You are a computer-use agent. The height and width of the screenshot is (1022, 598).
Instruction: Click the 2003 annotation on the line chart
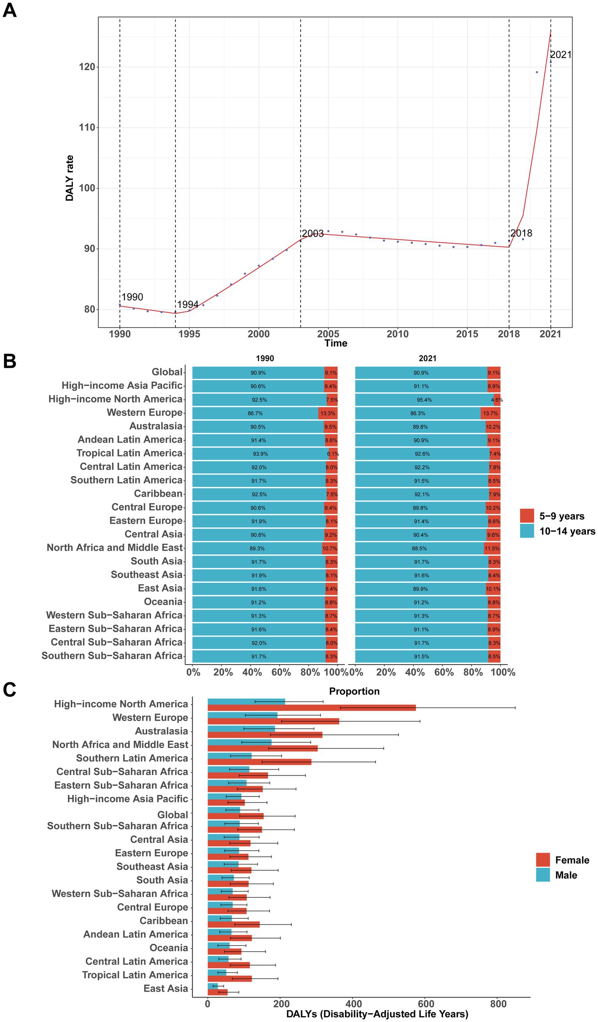pyautogui.click(x=312, y=233)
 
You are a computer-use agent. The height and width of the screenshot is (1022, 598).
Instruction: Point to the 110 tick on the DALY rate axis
pyautogui.click(x=87, y=127)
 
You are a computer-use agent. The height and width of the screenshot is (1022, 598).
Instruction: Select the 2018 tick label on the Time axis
pyautogui.click(x=509, y=334)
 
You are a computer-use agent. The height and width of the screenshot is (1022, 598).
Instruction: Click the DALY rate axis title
pyautogui.click(x=70, y=178)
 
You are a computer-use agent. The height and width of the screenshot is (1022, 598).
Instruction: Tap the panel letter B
pyautogui.click(x=9, y=362)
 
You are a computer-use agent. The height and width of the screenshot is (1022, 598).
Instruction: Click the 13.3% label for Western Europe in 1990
pyautogui.click(x=328, y=413)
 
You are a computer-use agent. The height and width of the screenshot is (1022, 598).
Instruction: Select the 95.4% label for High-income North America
pyautogui.click(x=424, y=400)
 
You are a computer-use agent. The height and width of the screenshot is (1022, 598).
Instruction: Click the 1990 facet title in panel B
pyautogui.click(x=265, y=358)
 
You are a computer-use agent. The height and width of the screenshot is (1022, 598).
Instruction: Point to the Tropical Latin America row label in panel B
pyautogui.click(x=129, y=453)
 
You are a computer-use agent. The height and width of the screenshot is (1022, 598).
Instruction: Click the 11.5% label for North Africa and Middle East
pyautogui.click(x=492, y=548)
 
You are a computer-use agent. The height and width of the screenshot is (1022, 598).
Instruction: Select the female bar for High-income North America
pyautogui.click(x=311, y=708)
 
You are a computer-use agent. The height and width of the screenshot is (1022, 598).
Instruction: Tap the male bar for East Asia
pyautogui.click(x=213, y=986)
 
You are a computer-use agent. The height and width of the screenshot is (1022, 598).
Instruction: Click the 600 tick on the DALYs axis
pyautogui.click(x=426, y=1003)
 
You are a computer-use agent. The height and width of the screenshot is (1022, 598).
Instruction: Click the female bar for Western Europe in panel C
pyautogui.click(x=273, y=721)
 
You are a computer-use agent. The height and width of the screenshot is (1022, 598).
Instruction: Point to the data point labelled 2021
pyautogui.click(x=550, y=62)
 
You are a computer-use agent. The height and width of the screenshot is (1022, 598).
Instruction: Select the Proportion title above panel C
pyautogui.click(x=354, y=691)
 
